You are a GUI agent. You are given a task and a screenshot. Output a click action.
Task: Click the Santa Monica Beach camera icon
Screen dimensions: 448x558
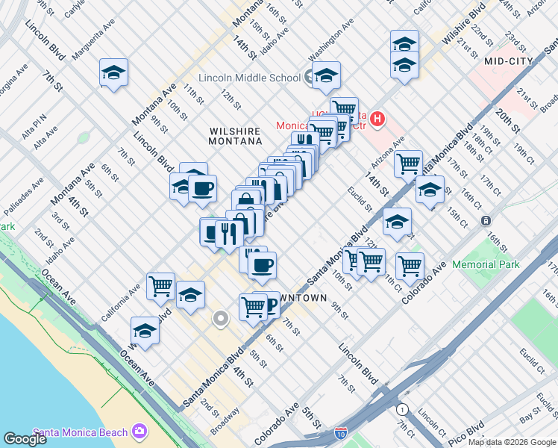(x=139, y=432)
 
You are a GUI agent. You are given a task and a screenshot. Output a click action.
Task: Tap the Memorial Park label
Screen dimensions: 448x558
(x=484, y=264)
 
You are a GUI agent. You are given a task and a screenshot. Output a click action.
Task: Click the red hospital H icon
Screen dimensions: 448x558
(x=377, y=118)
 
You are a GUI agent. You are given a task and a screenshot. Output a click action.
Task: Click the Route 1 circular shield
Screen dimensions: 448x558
(x=403, y=409)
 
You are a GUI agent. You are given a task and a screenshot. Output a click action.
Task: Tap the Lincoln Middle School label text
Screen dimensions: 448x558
(x=248, y=78)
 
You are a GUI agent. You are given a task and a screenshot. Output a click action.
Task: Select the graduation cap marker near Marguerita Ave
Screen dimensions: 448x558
(x=113, y=73)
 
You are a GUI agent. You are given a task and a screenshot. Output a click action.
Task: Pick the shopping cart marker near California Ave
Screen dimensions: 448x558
(x=160, y=285)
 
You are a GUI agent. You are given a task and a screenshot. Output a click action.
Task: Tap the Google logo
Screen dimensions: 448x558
(x=25, y=439)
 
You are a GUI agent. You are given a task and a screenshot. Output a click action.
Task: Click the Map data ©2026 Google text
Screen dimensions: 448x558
(x=512, y=442)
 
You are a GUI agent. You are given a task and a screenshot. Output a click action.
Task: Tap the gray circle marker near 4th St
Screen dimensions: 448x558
(x=220, y=319)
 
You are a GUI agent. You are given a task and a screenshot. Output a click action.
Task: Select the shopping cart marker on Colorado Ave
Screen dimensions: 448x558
(x=410, y=265)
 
